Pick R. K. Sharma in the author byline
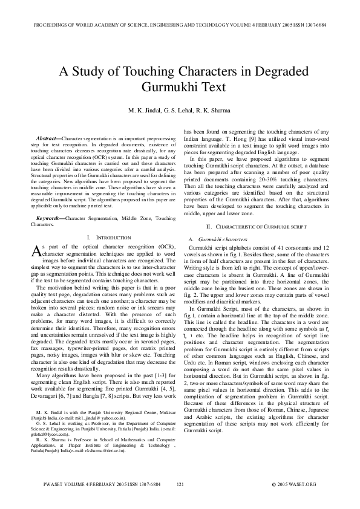220,111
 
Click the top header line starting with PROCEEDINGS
180,25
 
